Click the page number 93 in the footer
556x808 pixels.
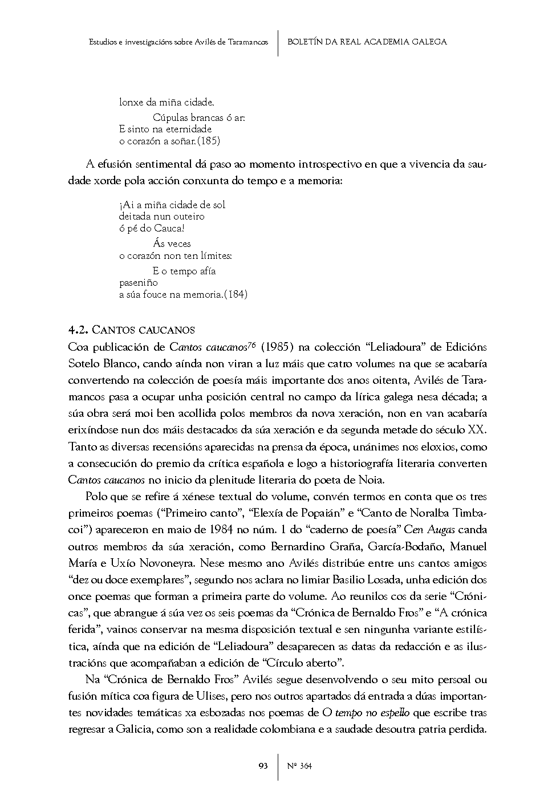(x=263, y=766)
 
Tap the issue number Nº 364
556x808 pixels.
(x=299, y=766)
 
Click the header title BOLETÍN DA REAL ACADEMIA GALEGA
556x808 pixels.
(x=367, y=42)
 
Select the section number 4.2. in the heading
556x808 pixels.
(x=78, y=330)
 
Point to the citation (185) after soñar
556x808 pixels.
(x=209, y=141)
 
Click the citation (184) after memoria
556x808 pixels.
(x=236, y=294)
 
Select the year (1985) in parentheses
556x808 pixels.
(x=277, y=347)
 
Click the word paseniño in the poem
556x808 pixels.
(x=139, y=282)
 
